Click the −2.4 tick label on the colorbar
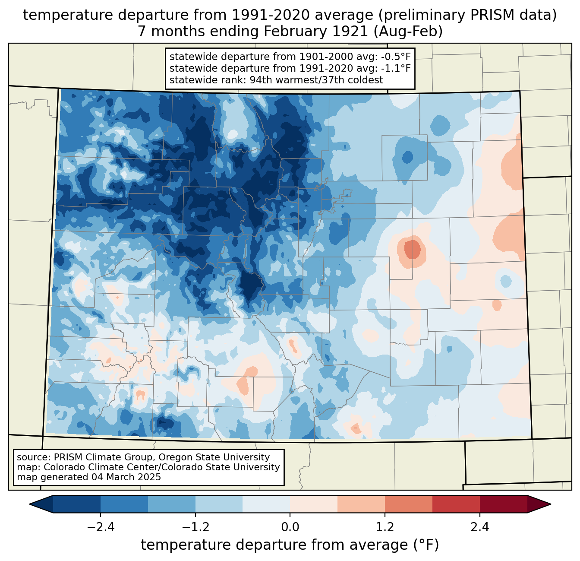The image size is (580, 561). pos(101,527)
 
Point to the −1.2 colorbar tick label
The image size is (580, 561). pos(195,527)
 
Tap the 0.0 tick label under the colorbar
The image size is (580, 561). pos(290,527)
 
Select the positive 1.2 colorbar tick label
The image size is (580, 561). pos(385,527)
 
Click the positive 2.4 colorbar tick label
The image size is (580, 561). pos(479,527)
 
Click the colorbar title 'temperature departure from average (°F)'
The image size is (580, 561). pos(290,545)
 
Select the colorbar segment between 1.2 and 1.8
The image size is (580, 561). pos(408,504)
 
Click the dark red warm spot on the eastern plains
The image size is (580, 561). pos(412,249)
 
